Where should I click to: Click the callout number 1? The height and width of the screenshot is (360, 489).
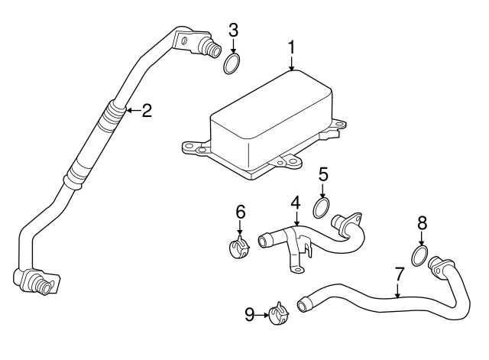coord(291,48)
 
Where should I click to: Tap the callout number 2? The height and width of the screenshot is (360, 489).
coord(146,111)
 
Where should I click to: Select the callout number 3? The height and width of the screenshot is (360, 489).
coord(234,31)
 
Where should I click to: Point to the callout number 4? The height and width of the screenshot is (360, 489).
coord(295,204)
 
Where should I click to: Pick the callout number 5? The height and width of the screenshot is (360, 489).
coord(323,174)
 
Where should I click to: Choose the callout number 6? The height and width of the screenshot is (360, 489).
coord(240,210)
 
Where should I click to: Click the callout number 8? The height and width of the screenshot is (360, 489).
coord(421,225)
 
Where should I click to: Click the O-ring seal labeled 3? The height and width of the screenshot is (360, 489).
coord(233,63)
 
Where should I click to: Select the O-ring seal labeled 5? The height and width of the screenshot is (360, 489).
coord(322,207)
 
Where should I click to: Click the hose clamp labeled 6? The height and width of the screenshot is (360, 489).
coord(241,247)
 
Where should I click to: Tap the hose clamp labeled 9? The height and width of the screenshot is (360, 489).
coord(277,313)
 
